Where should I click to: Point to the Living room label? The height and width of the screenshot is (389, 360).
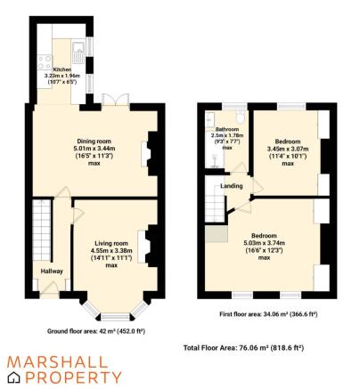point(111,243)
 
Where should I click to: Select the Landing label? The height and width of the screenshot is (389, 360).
point(233,185)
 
